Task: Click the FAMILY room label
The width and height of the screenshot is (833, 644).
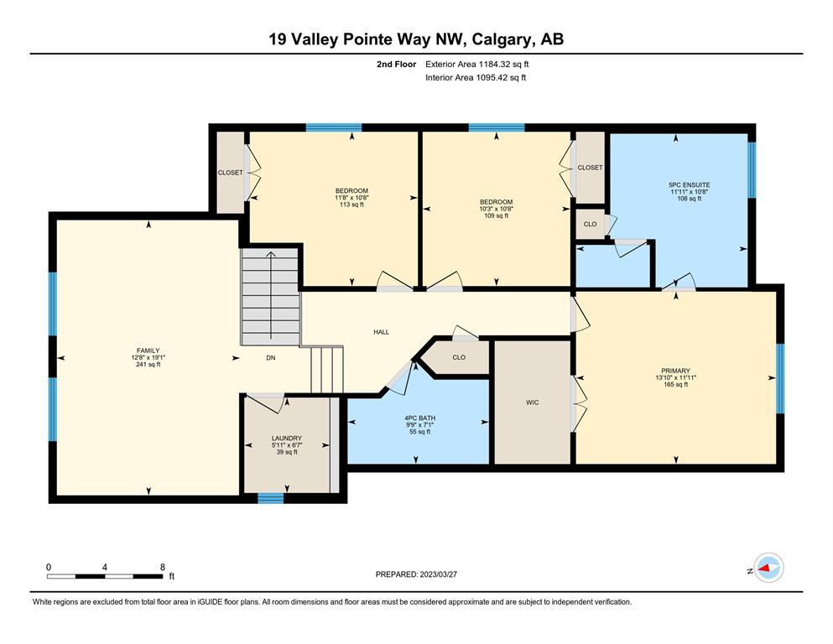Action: [x=148, y=351]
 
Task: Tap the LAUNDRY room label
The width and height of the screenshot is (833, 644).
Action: [x=287, y=439]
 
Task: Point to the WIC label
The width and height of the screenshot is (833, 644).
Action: [x=533, y=402]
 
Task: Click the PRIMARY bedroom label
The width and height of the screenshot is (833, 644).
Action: [x=676, y=371]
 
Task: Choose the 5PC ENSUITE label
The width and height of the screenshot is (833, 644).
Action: [x=689, y=184]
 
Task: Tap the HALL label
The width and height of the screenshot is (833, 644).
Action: [x=382, y=332]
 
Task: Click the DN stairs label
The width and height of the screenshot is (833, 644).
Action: [x=271, y=358]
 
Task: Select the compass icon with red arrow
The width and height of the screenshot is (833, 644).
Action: [x=768, y=568]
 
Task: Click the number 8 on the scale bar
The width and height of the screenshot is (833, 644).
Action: [x=163, y=567]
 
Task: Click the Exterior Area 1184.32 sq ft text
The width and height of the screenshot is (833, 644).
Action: [x=477, y=65]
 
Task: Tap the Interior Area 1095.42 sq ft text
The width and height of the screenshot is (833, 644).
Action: [x=476, y=77]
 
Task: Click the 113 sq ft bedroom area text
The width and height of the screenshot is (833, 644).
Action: [x=351, y=205]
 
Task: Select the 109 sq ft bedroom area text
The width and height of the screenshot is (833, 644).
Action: [x=496, y=216]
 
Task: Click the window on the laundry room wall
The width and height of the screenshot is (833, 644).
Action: [x=271, y=497]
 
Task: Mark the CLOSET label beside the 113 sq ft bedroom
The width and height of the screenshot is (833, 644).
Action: [x=230, y=173]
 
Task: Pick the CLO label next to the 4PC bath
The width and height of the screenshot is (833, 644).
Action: [x=459, y=357]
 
